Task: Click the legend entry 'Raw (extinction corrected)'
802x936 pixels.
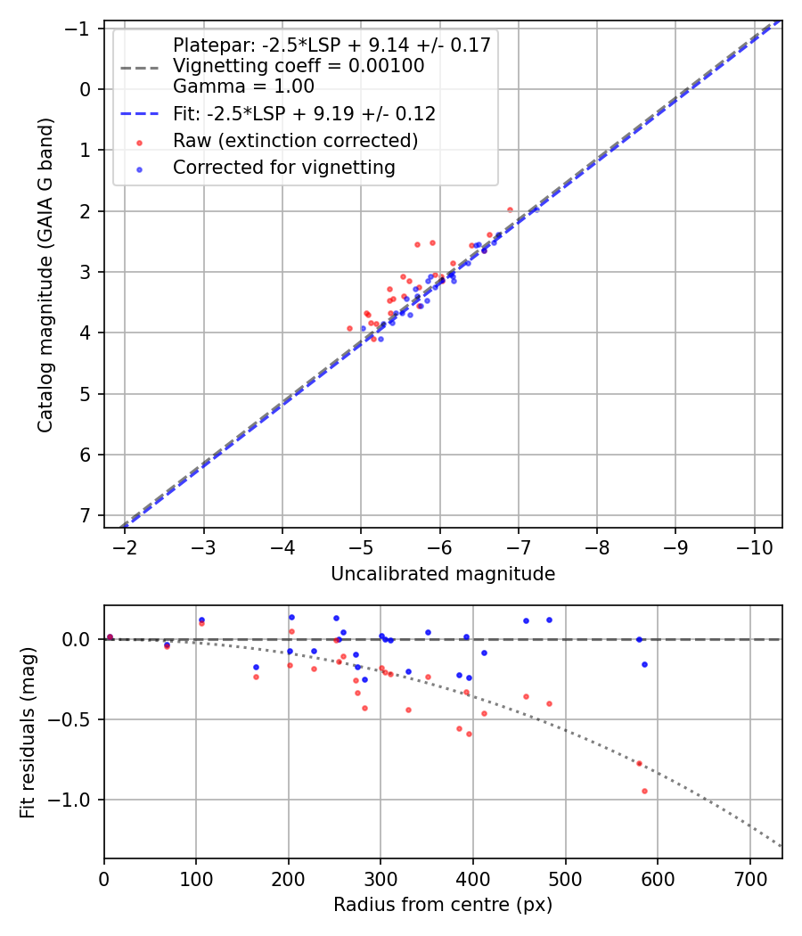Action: [x=295, y=141]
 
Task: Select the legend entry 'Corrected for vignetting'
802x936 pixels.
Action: [x=284, y=168]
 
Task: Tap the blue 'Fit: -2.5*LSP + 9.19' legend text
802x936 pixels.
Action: [x=304, y=114]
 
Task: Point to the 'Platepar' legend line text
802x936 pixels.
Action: [x=331, y=45]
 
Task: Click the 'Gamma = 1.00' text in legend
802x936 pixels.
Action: [x=243, y=86]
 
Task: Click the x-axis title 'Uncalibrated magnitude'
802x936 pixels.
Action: [x=443, y=574]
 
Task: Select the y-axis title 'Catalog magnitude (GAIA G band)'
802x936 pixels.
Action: [x=45, y=275]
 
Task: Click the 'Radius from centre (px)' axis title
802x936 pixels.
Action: [x=443, y=905]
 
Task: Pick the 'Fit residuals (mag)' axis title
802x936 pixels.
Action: [x=28, y=732]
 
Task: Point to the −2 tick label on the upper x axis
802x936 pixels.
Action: [x=126, y=546]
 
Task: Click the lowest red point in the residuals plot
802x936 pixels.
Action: [x=644, y=791]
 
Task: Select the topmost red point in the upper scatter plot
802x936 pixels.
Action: [x=510, y=209]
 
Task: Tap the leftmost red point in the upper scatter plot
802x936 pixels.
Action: [x=349, y=328]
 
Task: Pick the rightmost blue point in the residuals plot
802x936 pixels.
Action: [x=644, y=664]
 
